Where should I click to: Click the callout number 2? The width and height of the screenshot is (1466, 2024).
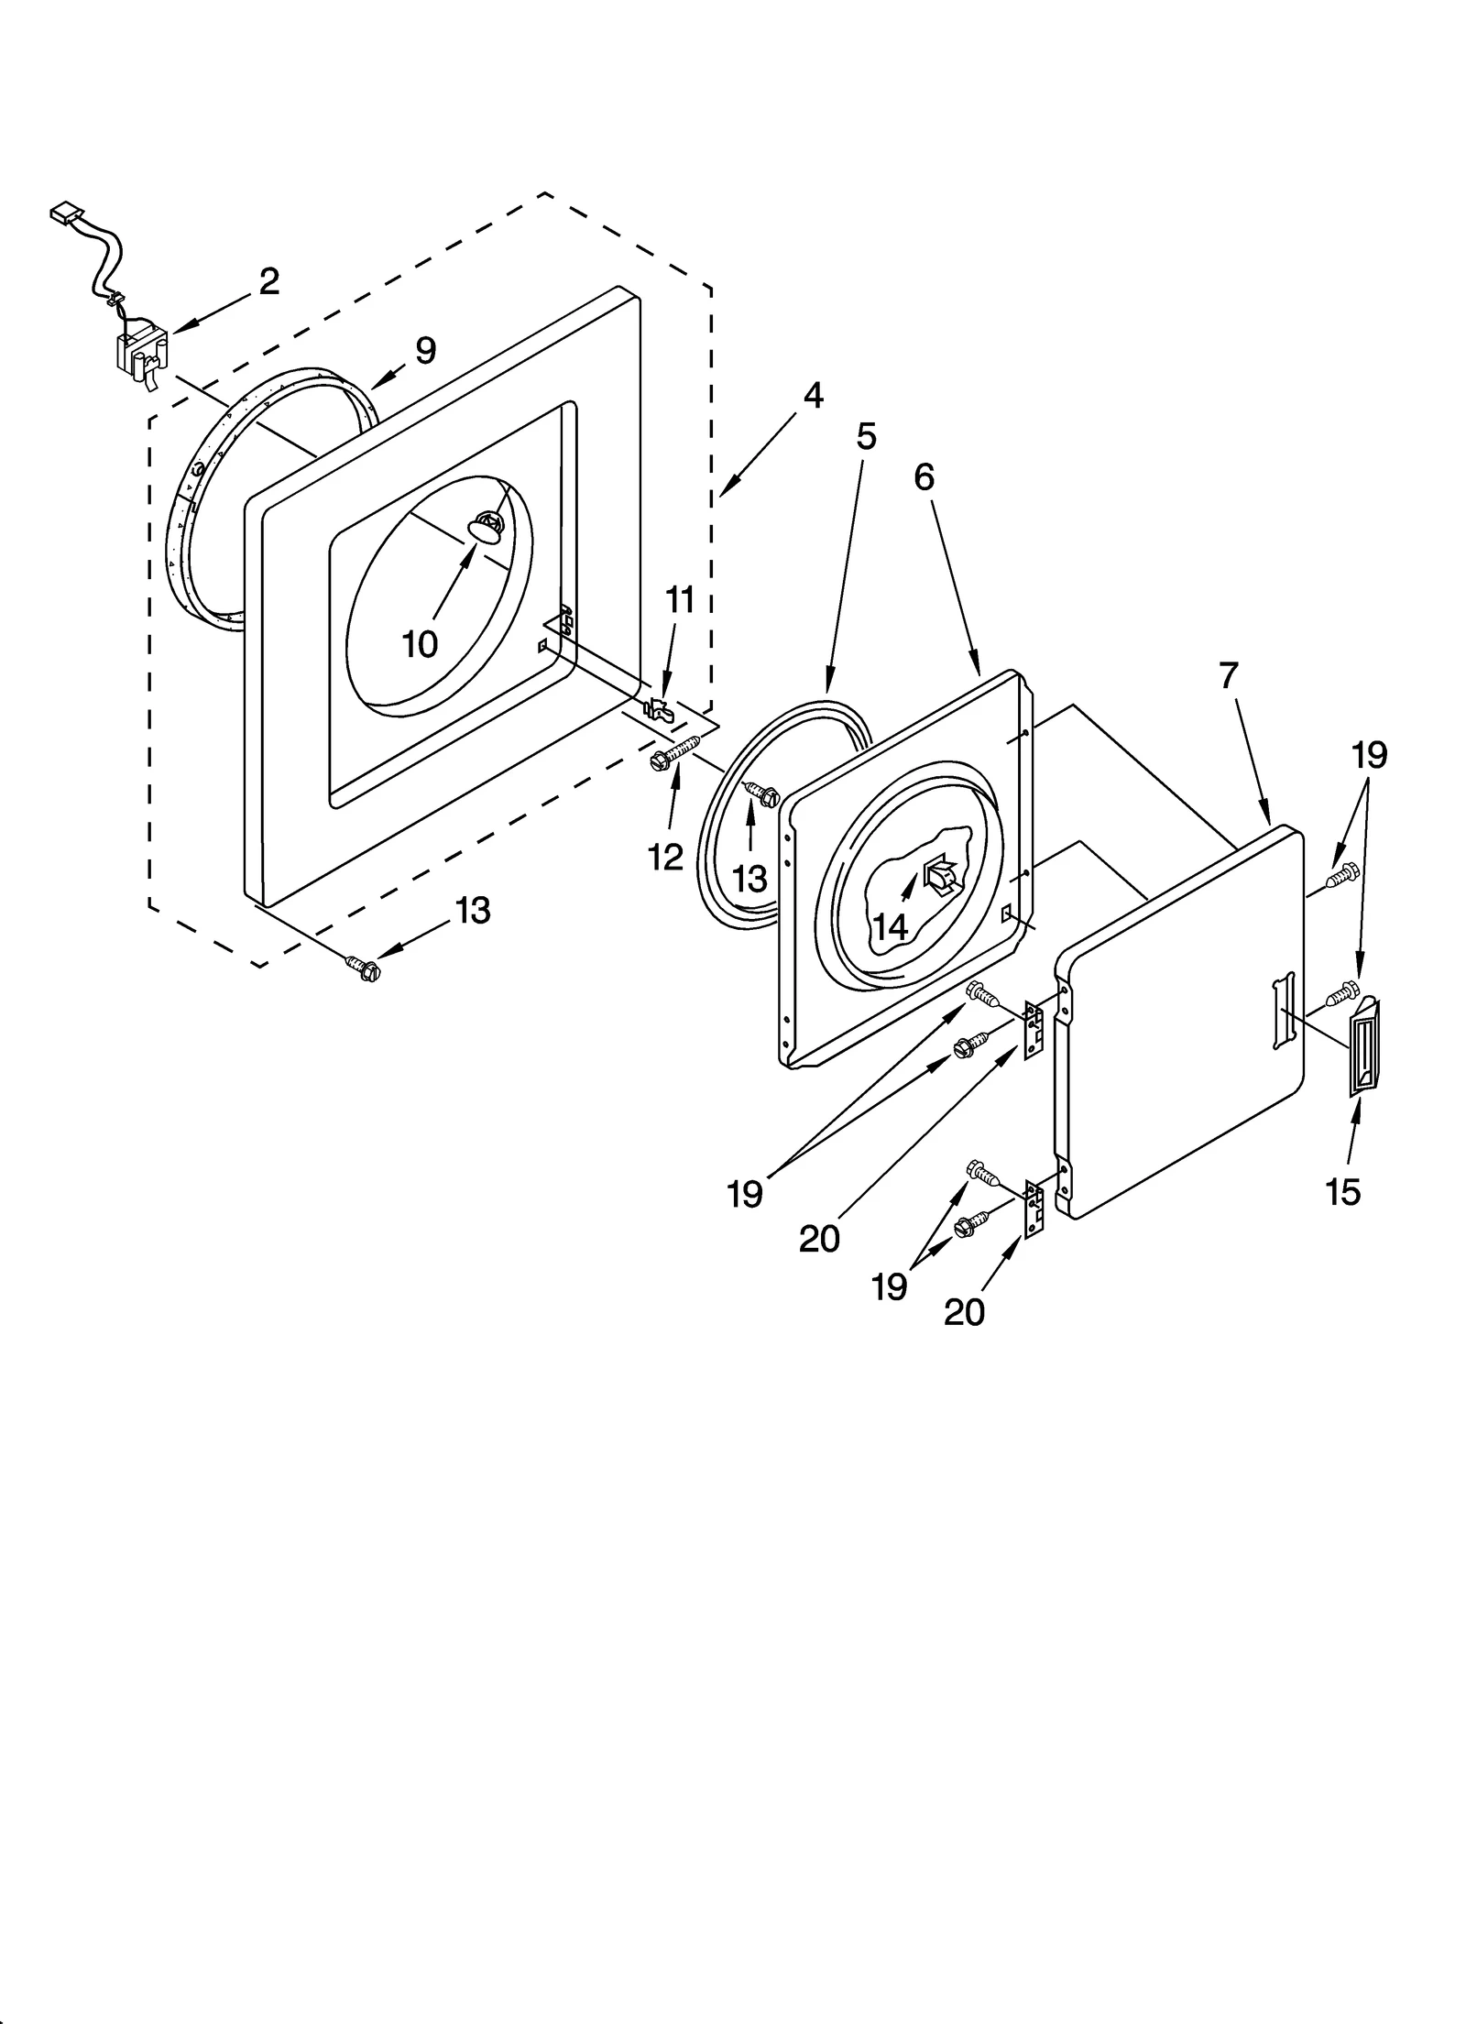click(x=268, y=281)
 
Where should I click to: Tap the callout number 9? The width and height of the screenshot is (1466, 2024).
click(x=425, y=350)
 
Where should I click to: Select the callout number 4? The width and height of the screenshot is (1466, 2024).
click(x=812, y=396)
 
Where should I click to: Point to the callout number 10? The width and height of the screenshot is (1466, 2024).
click(x=420, y=645)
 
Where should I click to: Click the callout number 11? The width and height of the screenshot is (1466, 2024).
click(x=679, y=600)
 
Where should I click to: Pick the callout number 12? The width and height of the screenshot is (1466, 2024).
click(x=665, y=857)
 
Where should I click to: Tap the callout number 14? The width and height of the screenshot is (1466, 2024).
click(x=890, y=926)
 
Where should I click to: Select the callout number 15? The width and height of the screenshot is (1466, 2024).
click(x=1342, y=1192)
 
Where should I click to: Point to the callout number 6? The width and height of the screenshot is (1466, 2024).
click(x=924, y=476)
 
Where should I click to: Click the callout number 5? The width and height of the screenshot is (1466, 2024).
click(x=866, y=436)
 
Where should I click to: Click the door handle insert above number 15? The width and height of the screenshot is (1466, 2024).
click(x=1364, y=1047)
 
